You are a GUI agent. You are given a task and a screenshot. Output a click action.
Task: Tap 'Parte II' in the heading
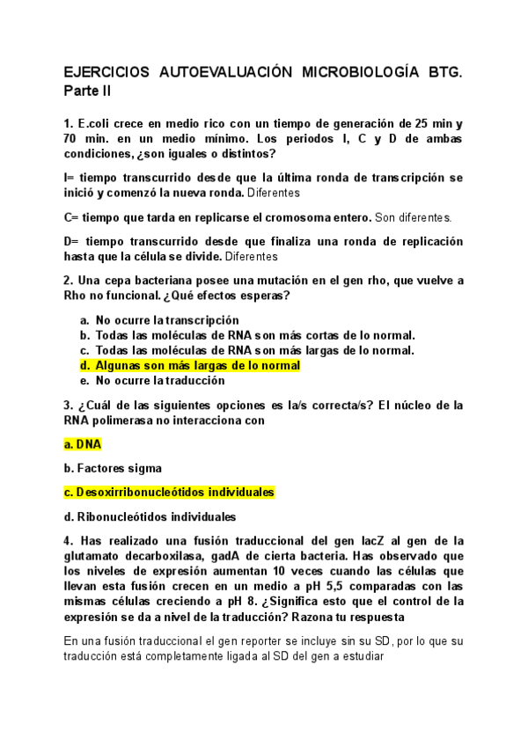pyautogui.click(x=88, y=91)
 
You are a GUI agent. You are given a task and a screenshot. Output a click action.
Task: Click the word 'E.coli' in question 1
pyautogui.click(x=96, y=123)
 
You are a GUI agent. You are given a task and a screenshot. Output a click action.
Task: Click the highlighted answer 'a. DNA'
pyautogui.click(x=84, y=444)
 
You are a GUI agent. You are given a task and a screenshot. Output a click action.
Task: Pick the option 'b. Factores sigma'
pyautogui.click(x=113, y=468)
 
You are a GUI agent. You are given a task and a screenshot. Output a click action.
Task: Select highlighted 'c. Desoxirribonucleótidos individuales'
pyautogui.click(x=170, y=493)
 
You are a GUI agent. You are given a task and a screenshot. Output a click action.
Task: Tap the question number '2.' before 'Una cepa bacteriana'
pyautogui.click(x=69, y=281)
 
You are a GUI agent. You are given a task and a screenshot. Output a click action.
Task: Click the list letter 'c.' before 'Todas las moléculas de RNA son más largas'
pyautogui.click(x=84, y=350)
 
